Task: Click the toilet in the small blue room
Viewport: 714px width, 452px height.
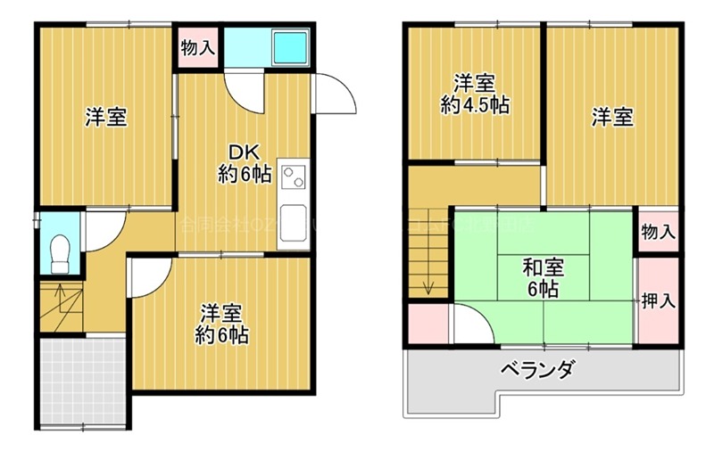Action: tap(60, 252)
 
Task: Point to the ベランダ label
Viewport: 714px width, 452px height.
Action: tap(537, 368)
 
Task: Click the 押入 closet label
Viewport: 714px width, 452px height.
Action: tap(658, 300)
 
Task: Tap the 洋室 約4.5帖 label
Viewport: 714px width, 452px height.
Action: tap(474, 95)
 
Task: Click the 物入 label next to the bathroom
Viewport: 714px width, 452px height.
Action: tap(197, 48)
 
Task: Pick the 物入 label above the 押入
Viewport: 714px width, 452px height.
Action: tap(658, 232)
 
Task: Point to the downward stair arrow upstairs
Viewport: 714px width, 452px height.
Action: tap(429, 284)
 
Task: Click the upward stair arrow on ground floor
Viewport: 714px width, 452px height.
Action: tap(59, 291)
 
